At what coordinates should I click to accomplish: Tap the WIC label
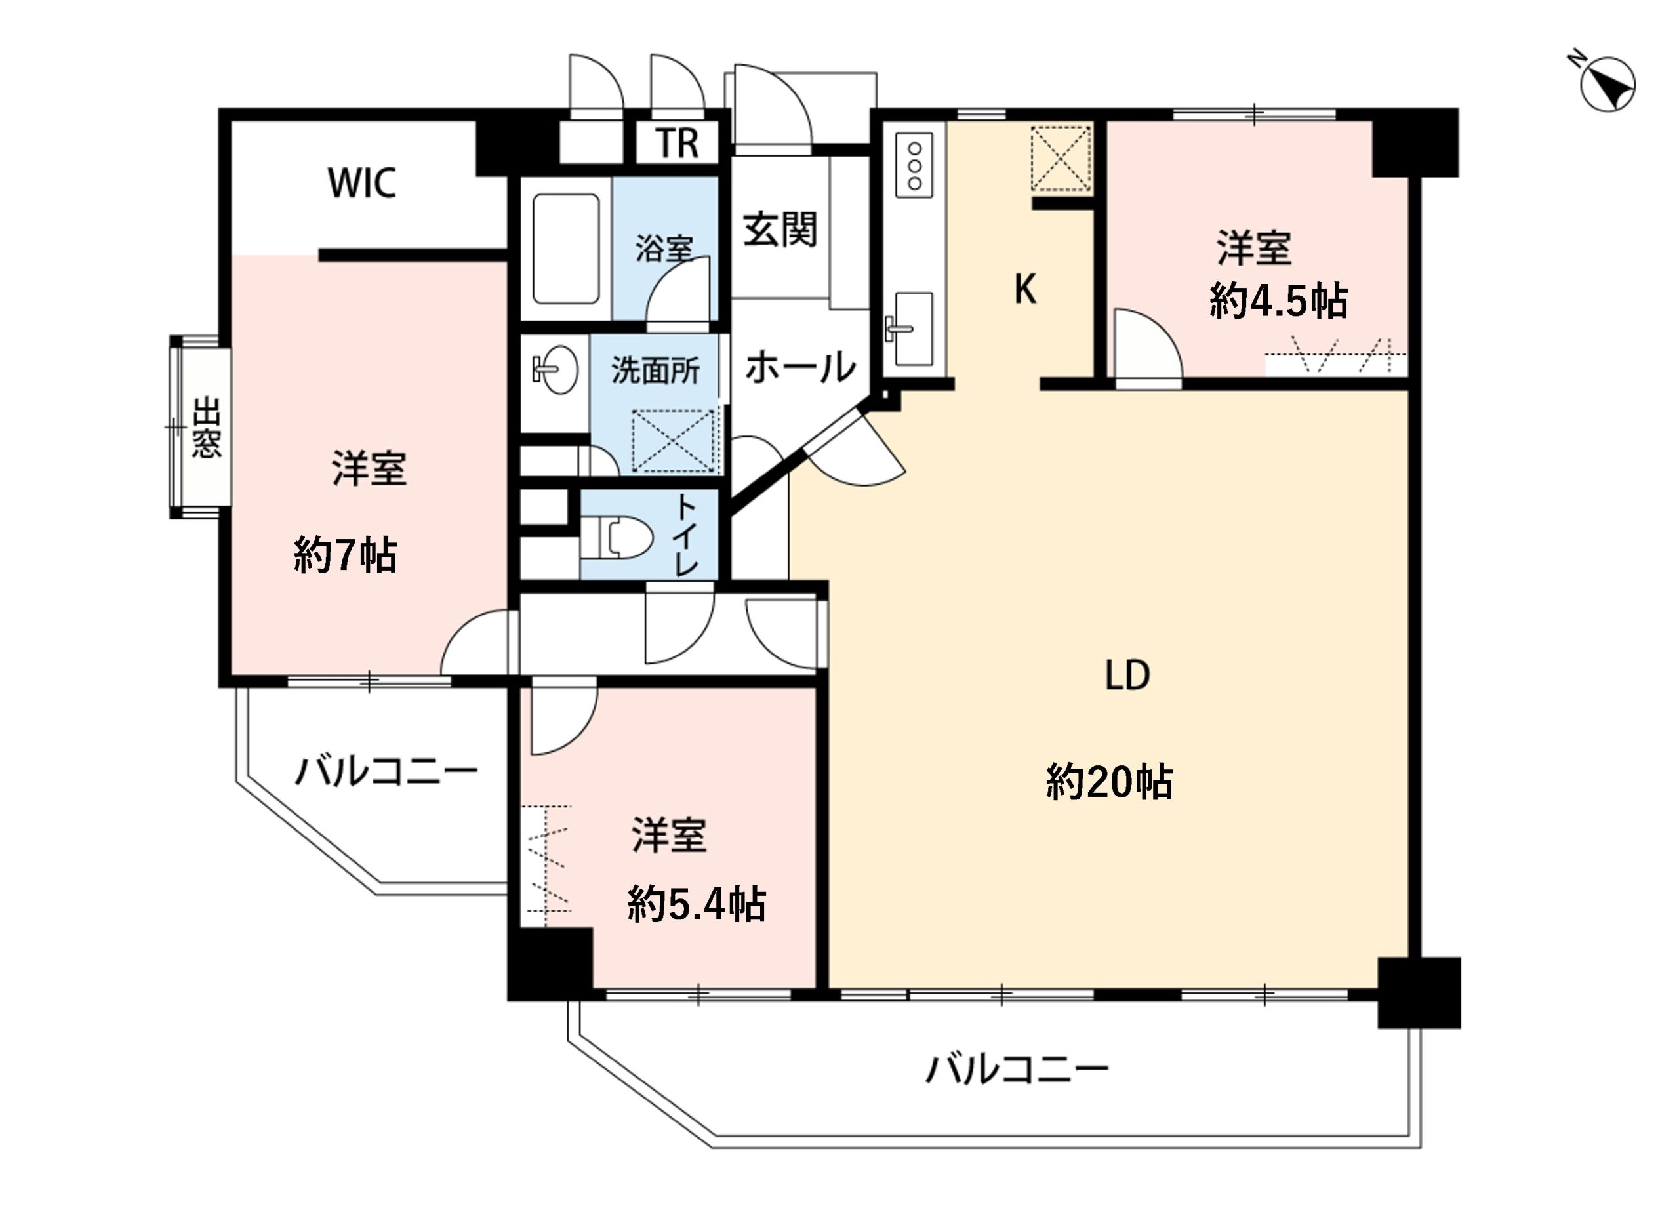[x=361, y=182]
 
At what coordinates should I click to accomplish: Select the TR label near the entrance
[x=677, y=143]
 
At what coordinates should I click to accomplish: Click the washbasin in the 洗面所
[x=556, y=370]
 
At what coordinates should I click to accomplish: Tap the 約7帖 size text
[x=344, y=555]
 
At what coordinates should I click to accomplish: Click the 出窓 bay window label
[x=207, y=428]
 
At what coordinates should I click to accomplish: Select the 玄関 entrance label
[x=780, y=229]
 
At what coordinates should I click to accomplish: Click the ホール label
[x=799, y=367]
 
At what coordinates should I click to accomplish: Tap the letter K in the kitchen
[x=1024, y=289]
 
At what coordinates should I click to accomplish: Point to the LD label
[x=1126, y=675]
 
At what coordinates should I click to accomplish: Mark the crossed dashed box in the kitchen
[x=1061, y=159]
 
